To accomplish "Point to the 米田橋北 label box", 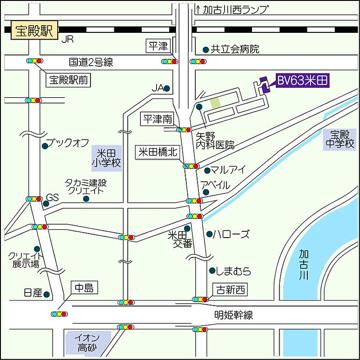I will [x=157, y=152].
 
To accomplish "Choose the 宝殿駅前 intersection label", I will [x=69, y=80].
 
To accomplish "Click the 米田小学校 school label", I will [x=107, y=157].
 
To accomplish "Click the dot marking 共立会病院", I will [x=206, y=49].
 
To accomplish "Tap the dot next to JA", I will [x=167, y=89].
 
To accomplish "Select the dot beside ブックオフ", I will [x=45, y=146].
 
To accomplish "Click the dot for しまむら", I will [x=212, y=270].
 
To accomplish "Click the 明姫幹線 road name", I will [x=234, y=315].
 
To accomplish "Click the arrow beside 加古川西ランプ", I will [x=198, y=9].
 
